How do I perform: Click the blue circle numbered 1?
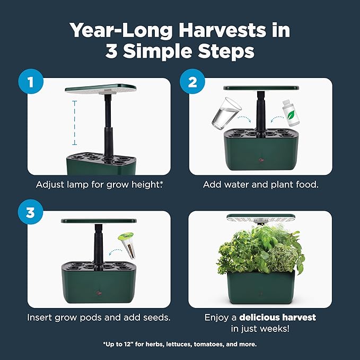click(x=31, y=81)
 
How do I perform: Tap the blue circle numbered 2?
click(x=192, y=81)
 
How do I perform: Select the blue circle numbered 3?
click(x=30, y=212)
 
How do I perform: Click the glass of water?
click(x=226, y=113)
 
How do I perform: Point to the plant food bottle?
click(x=291, y=113)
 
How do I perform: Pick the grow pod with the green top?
click(x=127, y=245)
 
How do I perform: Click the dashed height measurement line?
click(x=74, y=123)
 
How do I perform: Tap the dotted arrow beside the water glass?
click(x=244, y=119)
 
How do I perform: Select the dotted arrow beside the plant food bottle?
click(x=277, y=119)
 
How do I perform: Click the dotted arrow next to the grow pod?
click(x=115, y=252)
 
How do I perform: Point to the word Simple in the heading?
click(x=157, y=51)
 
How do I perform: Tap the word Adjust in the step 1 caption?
click(x=50, y=185)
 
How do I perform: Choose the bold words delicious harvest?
click(x=278, y=317)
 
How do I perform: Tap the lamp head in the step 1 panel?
click(x=101, y=89)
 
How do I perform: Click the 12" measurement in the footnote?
click(x=129, y=344)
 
